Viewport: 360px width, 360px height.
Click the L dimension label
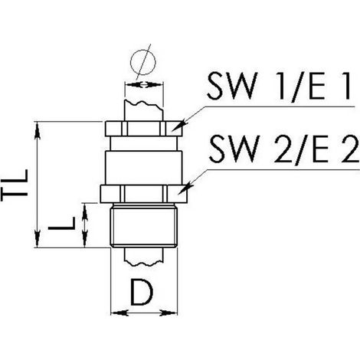62,224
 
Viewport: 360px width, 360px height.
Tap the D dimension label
142,293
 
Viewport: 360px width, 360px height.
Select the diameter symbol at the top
143,62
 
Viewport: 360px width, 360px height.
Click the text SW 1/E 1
278,85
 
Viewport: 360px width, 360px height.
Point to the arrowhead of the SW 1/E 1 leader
179,126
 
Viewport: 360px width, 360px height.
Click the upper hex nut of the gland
144,129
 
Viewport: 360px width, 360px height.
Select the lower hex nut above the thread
144,194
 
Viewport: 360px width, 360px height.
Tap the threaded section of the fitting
144,225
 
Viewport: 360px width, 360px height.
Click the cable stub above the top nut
143,111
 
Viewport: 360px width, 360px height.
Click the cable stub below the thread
143,257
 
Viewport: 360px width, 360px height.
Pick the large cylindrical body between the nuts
144,168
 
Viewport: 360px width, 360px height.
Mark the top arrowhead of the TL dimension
38,130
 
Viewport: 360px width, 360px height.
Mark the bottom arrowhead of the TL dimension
38,239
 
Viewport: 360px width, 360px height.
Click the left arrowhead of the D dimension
119,313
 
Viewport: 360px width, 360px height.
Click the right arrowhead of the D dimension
169,313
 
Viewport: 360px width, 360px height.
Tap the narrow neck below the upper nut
144,143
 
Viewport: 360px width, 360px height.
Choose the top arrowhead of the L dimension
85,212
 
